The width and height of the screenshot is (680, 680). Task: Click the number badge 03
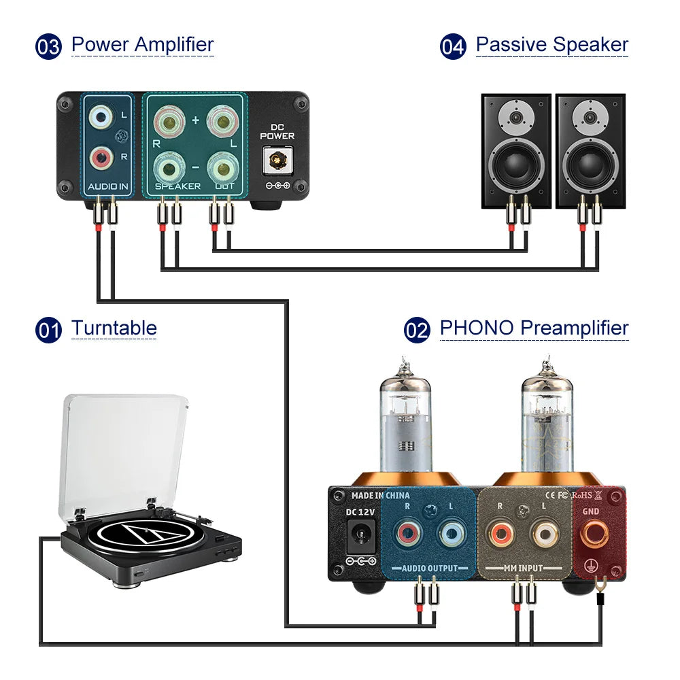(48, 47)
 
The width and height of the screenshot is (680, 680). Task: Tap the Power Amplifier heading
(142, 45)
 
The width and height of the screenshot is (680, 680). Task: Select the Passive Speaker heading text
(551, 45)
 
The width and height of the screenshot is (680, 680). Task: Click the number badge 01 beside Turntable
(48, 330)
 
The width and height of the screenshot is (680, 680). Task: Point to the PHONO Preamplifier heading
(534, 328)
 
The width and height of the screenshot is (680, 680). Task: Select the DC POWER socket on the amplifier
(277, 160)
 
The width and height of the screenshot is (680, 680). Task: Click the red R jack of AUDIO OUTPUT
(407, 533)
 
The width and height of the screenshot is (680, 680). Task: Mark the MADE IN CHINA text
(380, 495)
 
